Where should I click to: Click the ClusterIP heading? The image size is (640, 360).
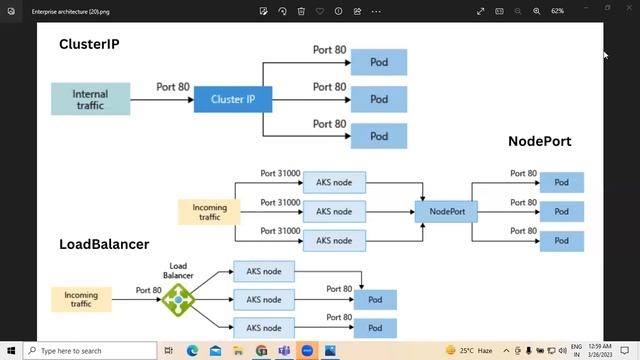(96, 45)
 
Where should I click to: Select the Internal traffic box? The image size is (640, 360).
(90, 99)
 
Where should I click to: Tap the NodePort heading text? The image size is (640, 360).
(539, 142)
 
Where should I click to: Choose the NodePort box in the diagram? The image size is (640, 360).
(446, 211)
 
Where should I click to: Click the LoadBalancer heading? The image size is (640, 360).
(104, 244)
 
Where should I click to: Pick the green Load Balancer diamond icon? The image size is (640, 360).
(178, 298)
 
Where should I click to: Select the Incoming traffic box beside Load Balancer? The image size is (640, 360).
(81, 298)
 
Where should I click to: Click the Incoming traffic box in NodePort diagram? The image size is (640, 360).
(209, 211)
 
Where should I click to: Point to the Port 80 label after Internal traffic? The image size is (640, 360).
(173, 87)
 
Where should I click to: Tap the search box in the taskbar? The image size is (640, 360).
(90, 351)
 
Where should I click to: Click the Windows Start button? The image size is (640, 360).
(11, 351)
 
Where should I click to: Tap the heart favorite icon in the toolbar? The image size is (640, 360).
(320, 11)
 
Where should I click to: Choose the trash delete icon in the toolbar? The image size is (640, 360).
(301, 11)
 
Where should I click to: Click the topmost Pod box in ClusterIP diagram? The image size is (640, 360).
(379, 63)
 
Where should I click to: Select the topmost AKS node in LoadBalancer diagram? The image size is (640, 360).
(264, 271)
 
